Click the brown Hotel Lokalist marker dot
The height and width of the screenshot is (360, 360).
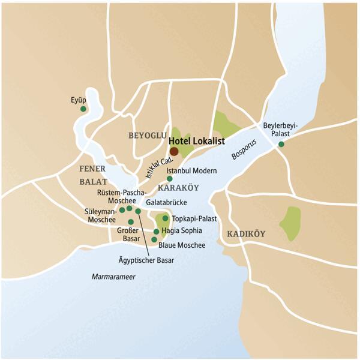(174, 151)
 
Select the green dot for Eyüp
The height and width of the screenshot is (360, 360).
(83, 109)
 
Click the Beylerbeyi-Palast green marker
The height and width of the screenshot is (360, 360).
(281, 144)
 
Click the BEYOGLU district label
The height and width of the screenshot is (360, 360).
(147, 136)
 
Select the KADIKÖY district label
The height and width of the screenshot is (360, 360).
(246, 233)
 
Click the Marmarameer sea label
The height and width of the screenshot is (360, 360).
(113, 277)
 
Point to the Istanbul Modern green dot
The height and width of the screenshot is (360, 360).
(169, 178)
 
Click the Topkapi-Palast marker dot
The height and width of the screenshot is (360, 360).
(166, 218)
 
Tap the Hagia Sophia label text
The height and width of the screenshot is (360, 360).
(182, 230)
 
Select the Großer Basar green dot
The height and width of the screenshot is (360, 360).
(131, 221)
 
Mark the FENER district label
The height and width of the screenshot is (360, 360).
(92, 169)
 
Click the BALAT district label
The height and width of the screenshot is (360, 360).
(93, 181)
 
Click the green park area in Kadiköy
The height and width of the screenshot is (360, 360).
(292, 223)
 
